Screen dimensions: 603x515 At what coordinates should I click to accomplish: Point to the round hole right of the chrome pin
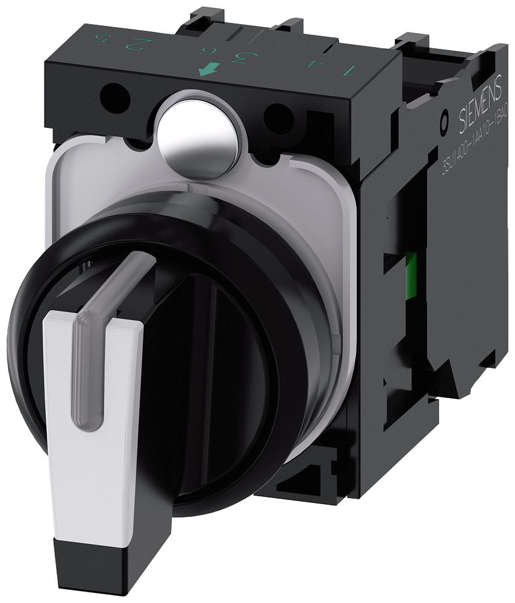point(278,113)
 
